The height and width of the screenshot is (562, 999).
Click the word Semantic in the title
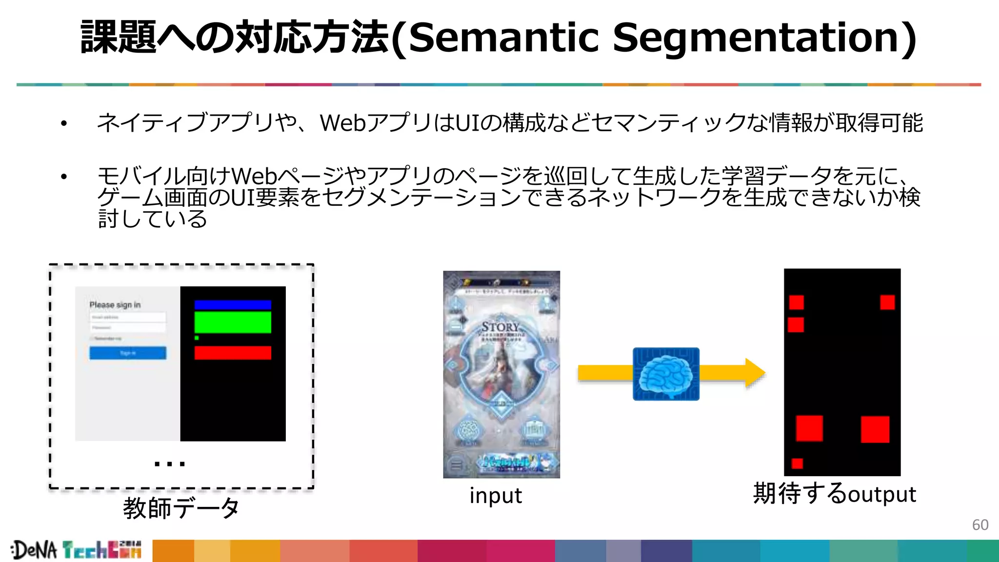point(503,38)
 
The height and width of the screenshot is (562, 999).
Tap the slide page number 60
point(980,525)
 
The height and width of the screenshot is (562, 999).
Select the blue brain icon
point(666,374)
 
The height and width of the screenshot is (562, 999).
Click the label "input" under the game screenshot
point(495,496)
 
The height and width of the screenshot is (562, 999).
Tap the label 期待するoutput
point(835,494)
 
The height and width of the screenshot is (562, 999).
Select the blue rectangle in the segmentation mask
point(233,305)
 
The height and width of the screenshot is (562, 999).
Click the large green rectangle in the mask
point(233,322)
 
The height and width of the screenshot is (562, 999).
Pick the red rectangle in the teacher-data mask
point(233,353)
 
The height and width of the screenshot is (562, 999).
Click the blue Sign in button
point(128,353)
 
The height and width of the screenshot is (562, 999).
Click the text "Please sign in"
point(115,305)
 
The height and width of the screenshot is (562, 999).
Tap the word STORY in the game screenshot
point(500,327)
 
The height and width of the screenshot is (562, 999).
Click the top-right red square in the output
point(887,302)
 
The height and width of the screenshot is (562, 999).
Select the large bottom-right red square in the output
point(875,429)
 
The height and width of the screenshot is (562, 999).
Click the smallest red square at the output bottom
point(797,463)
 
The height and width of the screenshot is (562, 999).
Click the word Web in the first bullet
point(342,123)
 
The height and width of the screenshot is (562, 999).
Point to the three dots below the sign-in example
point(169,464)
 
